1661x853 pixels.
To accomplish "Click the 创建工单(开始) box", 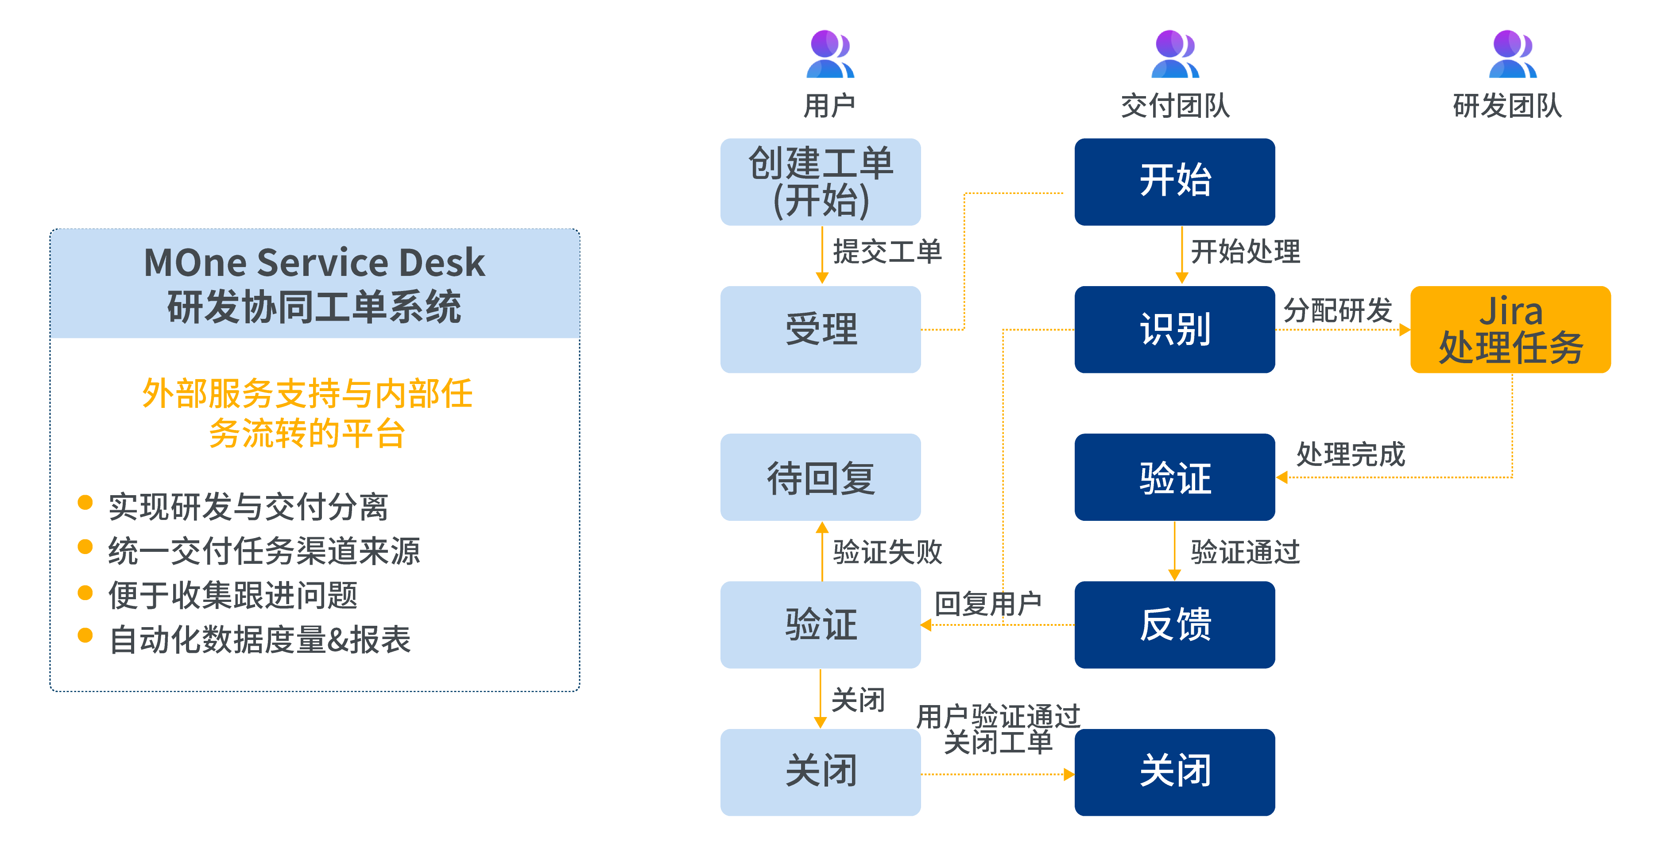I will click(820, 182).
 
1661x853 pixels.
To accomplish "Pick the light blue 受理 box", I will click(820, 330).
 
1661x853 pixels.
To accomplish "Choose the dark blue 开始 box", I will click(1174, 182).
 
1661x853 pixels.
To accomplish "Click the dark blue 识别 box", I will click(1174, 330).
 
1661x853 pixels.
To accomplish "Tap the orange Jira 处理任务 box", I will click(1510, 330).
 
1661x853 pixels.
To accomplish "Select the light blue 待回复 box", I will click(820, 477).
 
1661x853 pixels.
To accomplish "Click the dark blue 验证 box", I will click(1174, 477).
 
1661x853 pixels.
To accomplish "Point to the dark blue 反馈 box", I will click(1174, 625).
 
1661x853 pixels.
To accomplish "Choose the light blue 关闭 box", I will click(820, 772).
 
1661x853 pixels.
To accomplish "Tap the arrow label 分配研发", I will click(1337, 310).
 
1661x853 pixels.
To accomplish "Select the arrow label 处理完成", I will click(1350, 454).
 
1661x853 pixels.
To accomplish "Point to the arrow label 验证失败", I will click(887, 552).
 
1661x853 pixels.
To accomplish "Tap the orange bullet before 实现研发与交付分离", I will click(85, 502).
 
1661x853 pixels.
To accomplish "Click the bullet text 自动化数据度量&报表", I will click(260, 640).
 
